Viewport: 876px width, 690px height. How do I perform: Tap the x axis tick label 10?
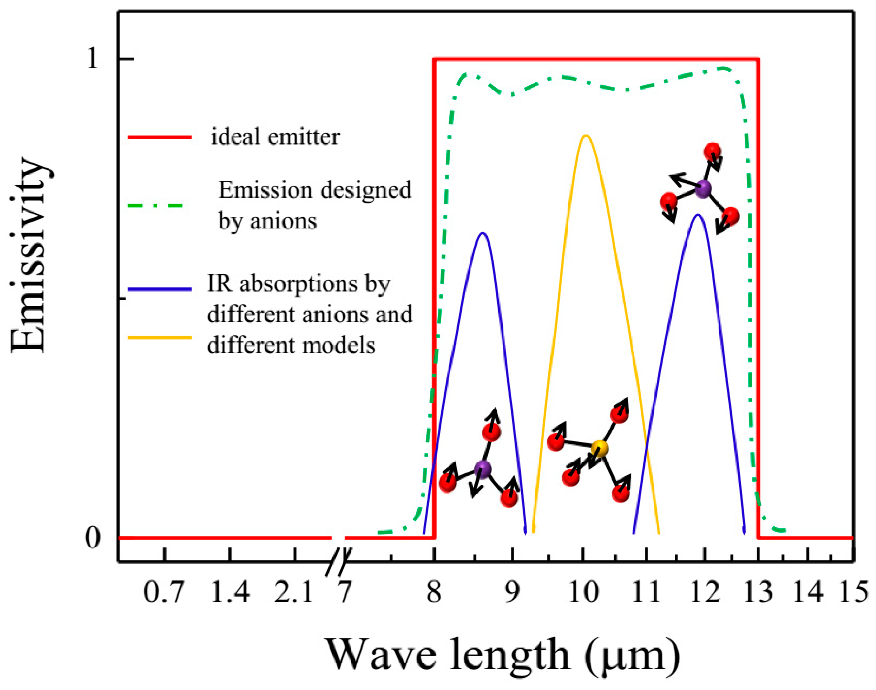click(583, 593)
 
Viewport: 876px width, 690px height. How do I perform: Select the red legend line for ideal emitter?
click(160, 138)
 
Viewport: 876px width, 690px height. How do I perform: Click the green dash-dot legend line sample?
click(156, 206)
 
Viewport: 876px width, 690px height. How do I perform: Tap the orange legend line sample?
click(160, 337)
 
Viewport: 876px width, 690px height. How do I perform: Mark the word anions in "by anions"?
click(283, 221)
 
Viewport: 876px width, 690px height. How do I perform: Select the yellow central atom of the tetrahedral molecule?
click(600, 448)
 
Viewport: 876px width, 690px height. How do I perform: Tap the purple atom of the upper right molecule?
click(704, 189)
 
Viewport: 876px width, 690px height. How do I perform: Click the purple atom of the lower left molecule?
click(482, 469)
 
